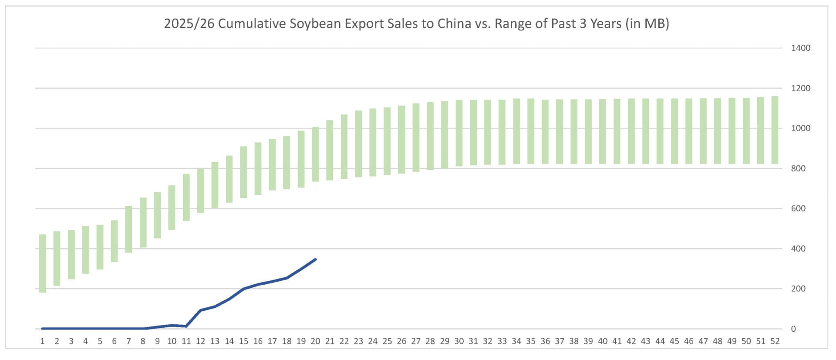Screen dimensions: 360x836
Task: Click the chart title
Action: click(x=416, y=24)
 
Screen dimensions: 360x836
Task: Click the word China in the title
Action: click(x=454, y=24)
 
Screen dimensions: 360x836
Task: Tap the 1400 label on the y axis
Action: click(x=800, y=48)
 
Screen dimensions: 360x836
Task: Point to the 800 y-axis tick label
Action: click(x=798, y=168)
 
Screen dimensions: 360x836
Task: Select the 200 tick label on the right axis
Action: click(x=798, y=289)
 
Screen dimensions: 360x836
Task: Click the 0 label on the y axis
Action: click(x=793, y=329)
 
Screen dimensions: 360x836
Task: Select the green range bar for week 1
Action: click(x=43, y=263)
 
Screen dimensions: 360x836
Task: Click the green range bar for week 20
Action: click(x=316, y=154)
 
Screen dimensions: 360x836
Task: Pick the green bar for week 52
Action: click(x=775, y=130)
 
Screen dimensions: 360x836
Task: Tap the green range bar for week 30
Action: click(x=459, y=133)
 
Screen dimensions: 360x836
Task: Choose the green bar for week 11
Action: click(x=186, y=197)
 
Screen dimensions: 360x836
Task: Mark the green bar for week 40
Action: click(x=603, y=131)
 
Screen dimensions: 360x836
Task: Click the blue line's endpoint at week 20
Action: click(x=315, y=259)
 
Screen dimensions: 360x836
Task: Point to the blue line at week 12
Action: click(x=200, y=310)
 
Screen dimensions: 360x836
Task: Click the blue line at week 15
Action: click(x=243, y=289)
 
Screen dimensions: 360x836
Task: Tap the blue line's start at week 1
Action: click(x=43, y=328)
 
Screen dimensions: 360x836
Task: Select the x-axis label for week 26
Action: click(x=401, y=341)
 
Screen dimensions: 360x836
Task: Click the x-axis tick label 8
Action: click(x=143, y=341)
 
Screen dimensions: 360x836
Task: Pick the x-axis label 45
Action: click(x=674, y=341)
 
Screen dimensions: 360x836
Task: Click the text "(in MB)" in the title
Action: click(x=647, y=24)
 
